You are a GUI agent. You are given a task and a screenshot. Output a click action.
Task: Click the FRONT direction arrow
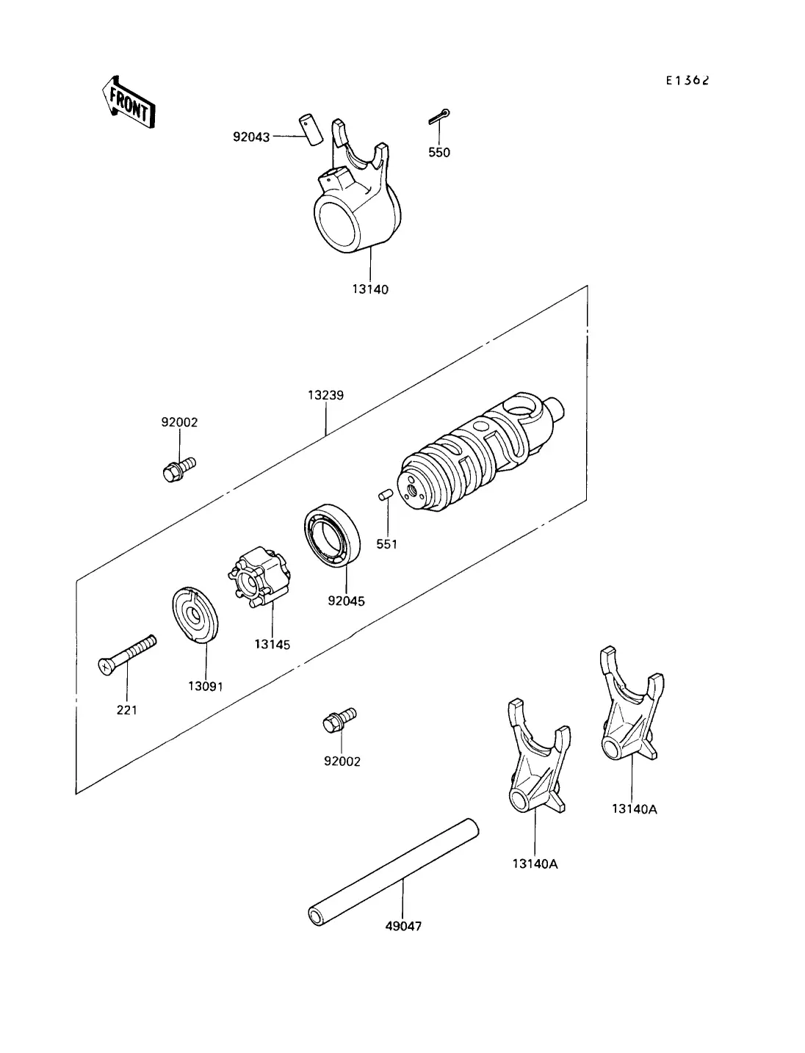click(x=129, y=102)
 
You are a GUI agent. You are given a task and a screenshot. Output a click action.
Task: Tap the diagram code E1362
click(x=687, y=81)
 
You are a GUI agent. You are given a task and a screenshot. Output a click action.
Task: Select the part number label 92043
click(x=251, y=137)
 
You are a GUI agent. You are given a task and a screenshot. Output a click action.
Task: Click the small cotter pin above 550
click(x=439, y=117)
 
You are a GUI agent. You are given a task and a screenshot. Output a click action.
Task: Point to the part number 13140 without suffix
click(x=370, y=289)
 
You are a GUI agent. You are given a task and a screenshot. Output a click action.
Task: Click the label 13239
click(x=325, y=395)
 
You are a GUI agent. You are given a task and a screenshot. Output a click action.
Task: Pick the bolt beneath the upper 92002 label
click(x=179, y=469)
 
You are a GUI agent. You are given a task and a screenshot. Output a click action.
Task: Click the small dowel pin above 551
click(x=386, y=495)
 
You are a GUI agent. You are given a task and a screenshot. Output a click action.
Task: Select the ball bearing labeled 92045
click(x=333, y=535)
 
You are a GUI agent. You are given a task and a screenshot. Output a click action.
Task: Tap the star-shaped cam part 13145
click(x=259, y=578)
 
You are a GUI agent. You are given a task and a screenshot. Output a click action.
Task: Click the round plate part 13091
click(x=195, y=614)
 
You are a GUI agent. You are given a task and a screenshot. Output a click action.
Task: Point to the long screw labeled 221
click(x=127, y=655)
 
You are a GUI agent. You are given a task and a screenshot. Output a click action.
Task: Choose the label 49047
click(x=403, y=926)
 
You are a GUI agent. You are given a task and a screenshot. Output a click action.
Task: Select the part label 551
click(x=386, y=544)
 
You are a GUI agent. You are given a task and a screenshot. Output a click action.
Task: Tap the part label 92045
click(x=347, y=601)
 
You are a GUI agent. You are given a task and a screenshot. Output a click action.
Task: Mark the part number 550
click(x=439, y=153)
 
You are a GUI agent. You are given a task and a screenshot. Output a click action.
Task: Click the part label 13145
click(x=272, y=644)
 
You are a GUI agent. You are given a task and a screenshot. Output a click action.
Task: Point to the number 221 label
click(x=127, y=710)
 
